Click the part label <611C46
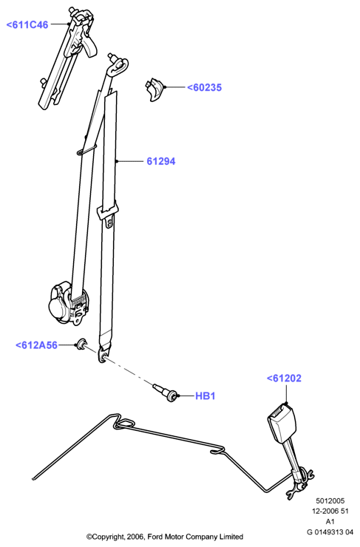(x=27, y=25)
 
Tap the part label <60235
(x=205, y=87)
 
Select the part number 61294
(x=161, y=161)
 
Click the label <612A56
(x=36, y=345)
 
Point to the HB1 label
(x=205, y=396)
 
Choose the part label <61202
(x=284, y=378)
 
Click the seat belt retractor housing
(x=68, y=305)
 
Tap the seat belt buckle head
(x=282, y=422)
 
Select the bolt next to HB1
(x=166, y=393)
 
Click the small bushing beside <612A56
(x=82, y=344)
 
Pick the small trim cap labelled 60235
(x=154, y=89)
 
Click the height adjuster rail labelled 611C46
(x=67, y=56)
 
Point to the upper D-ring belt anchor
(x=118, y=67)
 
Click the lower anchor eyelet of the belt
(x=103, y=355)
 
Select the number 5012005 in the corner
(x=330, y=500)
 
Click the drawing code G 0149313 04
(x=330, y=532)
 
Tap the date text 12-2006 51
(x=330, y=511)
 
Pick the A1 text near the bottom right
(x=330, y=522)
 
